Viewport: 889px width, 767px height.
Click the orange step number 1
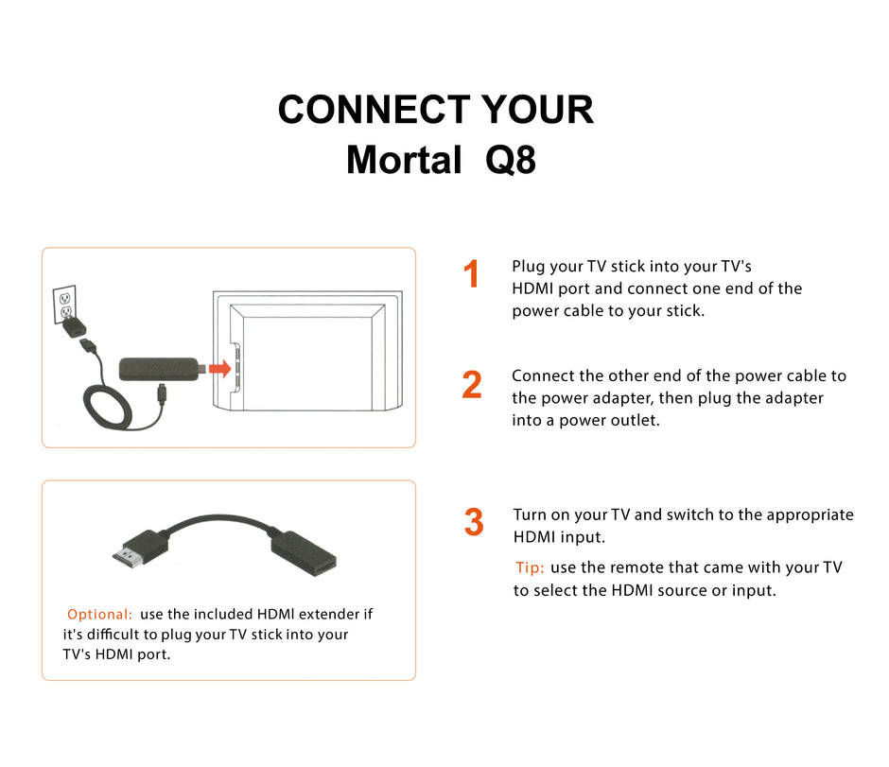(472, 275)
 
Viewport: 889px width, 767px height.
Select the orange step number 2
(472, 385)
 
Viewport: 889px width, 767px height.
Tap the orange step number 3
(474, 522)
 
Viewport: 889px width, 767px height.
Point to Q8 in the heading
(511, 160)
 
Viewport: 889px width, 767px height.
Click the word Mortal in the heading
(404, 160)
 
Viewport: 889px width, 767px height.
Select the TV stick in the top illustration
(158, 369)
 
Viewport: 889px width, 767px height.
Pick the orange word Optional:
(99, 615)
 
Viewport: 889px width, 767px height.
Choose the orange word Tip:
(530, 568)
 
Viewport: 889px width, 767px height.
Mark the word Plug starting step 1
(528, 267)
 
